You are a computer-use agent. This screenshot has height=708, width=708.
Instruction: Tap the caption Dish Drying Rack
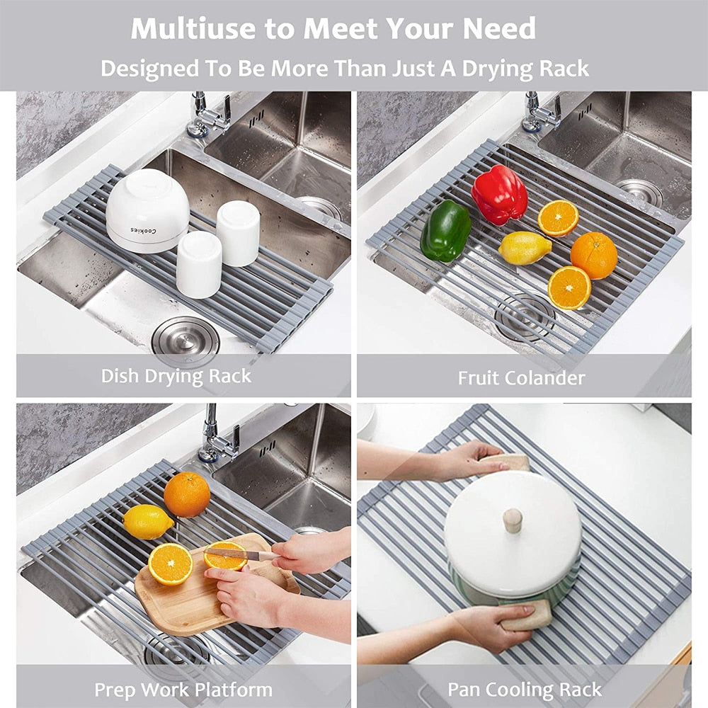click(176, 375)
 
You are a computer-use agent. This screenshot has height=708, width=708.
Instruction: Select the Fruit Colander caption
click(521, 378)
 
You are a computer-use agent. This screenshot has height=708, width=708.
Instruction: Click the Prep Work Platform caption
click(183, 689)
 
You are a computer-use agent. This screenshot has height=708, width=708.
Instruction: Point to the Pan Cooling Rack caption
click(524, 689)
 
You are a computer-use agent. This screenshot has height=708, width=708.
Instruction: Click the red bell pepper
click(499, 194)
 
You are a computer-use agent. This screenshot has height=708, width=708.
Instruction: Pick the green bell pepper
click(445, 230)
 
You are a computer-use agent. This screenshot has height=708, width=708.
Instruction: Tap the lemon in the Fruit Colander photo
click(525, 248)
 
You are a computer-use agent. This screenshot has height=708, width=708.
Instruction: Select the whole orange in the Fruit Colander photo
click(594, 255)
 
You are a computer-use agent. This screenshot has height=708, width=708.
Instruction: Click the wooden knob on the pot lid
click(513, 520)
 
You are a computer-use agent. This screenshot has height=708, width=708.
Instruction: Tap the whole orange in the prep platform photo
click(187, 494)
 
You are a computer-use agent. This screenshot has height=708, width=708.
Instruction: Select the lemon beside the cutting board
click(148, 522)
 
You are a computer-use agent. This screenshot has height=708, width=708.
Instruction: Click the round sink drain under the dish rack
click(185, 341)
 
